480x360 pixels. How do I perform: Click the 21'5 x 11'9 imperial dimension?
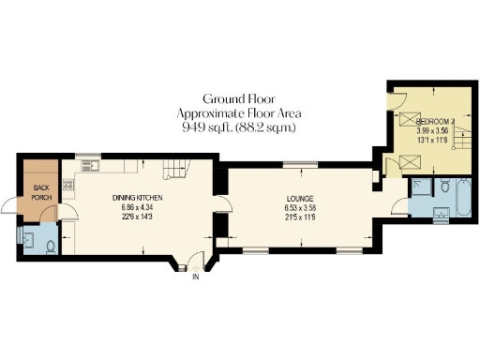[300, 217]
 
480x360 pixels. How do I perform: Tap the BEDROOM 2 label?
[435, 122]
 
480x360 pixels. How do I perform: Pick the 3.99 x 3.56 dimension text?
[435, 131]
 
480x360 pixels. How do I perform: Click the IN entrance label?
[196, 277]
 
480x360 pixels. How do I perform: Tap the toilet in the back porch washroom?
[52, 245]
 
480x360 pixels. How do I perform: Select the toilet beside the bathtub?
[446, 184]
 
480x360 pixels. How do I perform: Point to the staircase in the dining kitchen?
[173, 171]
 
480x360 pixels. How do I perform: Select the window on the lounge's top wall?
[300, 165]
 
